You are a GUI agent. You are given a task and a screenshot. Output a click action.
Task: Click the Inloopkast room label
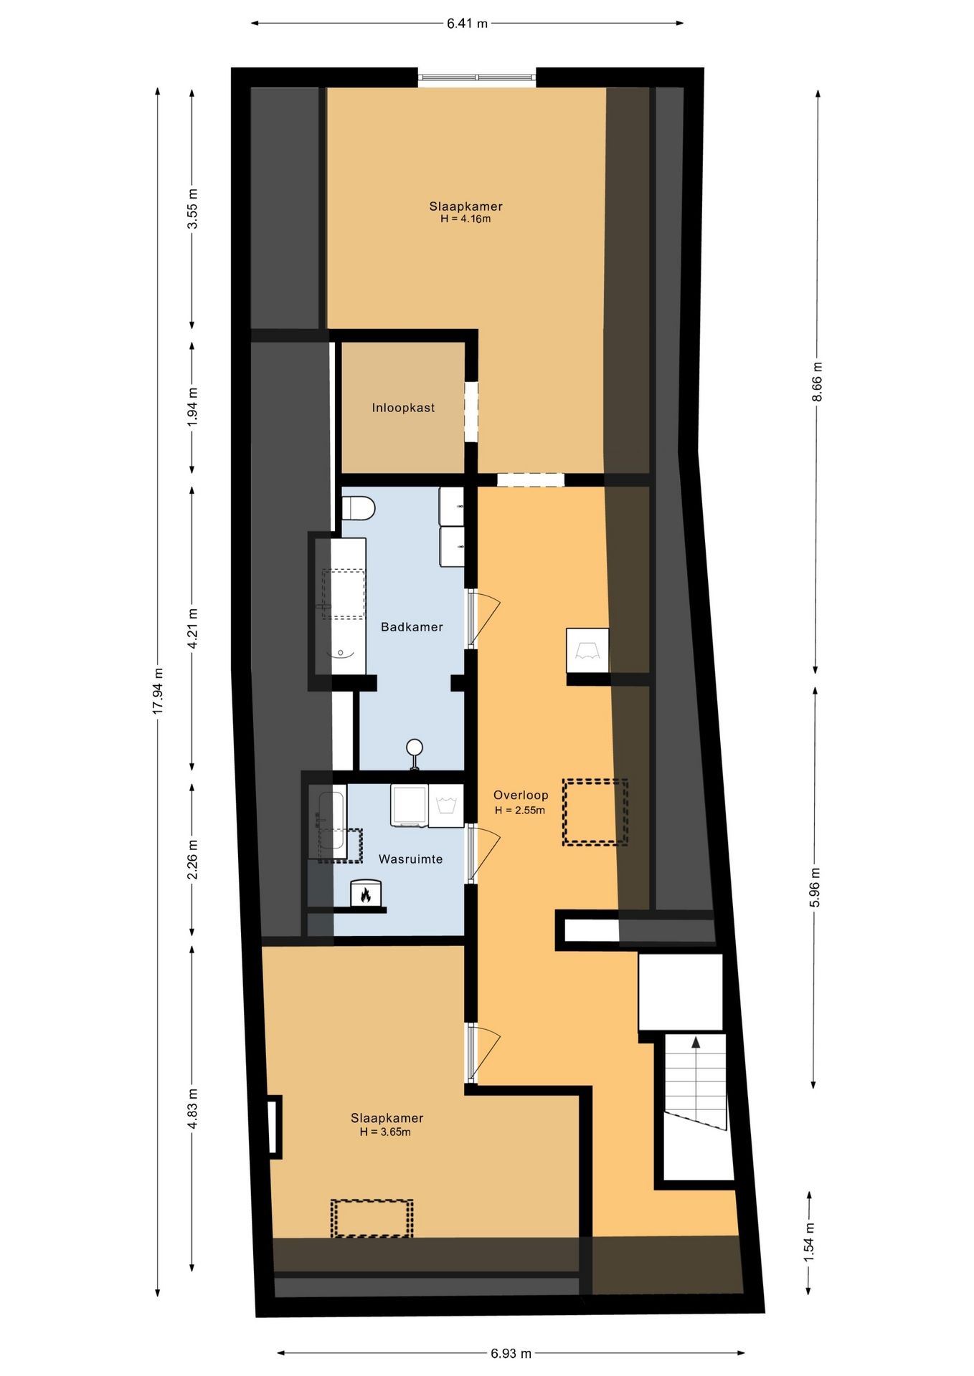click(403, 408)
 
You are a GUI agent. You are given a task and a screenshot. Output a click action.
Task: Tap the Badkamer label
click(412, 627)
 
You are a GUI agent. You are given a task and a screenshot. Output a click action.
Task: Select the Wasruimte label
click(410, 859)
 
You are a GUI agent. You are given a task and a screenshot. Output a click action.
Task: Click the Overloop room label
click(521, 795)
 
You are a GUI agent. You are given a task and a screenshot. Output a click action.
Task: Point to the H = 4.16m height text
click(465, 219)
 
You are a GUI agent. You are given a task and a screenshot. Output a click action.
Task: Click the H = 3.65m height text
click(385, 1132)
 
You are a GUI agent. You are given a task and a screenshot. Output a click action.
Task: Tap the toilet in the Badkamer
click(358, 510)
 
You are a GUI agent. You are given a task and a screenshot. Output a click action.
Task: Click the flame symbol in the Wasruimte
click(366, 894)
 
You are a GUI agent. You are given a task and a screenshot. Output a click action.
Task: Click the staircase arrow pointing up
click(695, 1043)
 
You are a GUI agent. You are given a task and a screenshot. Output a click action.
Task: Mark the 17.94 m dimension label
click(159, 690)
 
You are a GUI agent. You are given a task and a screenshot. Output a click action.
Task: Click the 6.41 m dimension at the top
click(467, 24)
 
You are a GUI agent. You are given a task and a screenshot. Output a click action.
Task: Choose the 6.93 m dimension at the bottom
click(511, 1354)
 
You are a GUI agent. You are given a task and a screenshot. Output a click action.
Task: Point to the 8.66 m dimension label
click(817, 382)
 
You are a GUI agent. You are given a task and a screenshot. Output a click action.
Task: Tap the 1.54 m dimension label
click(809, 1250)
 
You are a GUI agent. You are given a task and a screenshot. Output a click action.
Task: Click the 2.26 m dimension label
click(192, 860)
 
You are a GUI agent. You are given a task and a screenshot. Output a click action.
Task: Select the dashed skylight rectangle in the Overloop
click(595, 812)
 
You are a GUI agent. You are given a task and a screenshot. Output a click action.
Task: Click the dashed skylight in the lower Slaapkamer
click(372, 1218)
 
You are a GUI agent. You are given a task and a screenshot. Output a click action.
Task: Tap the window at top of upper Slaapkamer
click(477, 77)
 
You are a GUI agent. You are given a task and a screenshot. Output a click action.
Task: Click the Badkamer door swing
click(485, 618)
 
